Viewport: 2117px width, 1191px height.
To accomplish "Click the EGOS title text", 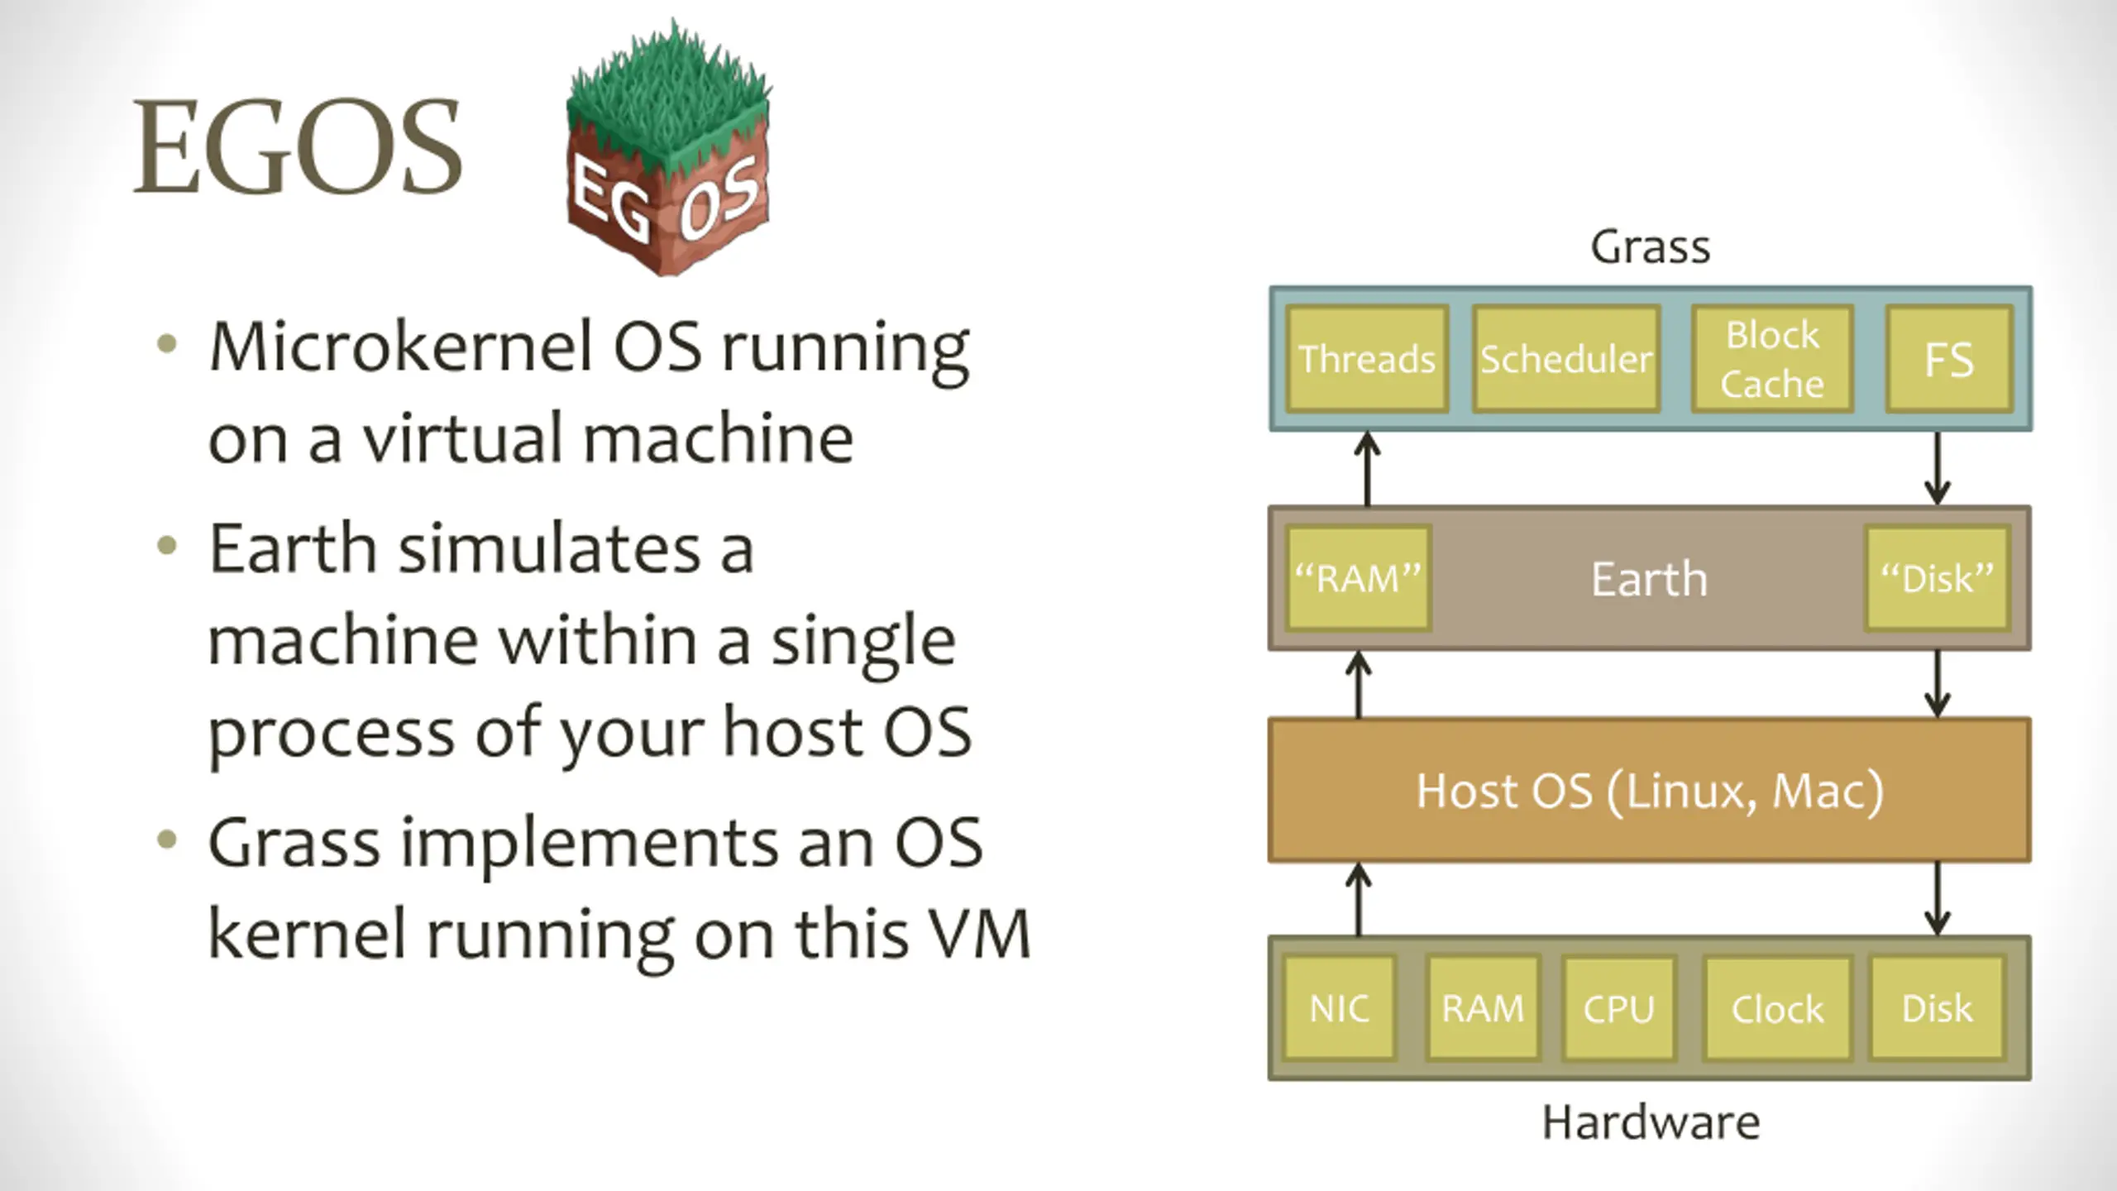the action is click(298, 147).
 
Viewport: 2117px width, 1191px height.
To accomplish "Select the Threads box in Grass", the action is click(1367, 359).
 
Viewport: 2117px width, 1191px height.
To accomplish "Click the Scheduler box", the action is click(1566, 359).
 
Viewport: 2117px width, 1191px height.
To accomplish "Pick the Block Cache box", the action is click(1772, 359).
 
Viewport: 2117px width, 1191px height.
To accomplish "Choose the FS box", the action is click(1949, 359).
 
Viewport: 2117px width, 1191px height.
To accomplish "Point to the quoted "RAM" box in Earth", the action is click(1358, 578).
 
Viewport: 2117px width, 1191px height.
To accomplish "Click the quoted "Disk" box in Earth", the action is click(1937, 578).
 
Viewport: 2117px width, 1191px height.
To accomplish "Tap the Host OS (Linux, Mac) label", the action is click(1650, 792).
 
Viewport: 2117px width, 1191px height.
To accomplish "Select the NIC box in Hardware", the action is click(1340, 1008).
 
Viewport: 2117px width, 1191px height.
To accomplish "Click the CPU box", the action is click(1619, 1008).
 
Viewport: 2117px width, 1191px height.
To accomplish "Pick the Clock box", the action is click(1777, 1008).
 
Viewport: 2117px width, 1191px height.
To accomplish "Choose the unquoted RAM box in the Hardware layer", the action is click(1483, 1008).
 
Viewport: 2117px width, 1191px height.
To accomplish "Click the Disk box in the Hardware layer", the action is click(1938, 1008).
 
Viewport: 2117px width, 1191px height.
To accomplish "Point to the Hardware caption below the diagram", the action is click(1651, 1122).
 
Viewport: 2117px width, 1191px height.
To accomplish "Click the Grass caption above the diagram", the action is click(1651, 246).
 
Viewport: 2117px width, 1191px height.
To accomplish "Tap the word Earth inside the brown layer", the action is click(1650, 578).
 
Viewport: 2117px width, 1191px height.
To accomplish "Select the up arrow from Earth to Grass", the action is click(1367, 469).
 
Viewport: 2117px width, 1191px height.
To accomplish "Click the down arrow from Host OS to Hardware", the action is click(1938, 900).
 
